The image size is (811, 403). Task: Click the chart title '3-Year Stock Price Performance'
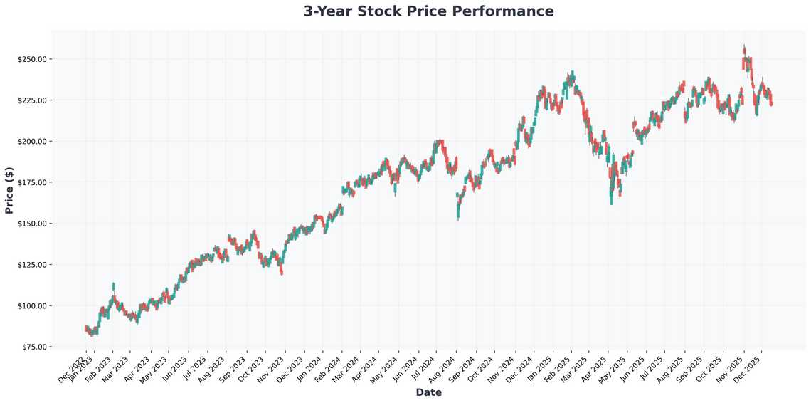tap(428, 11)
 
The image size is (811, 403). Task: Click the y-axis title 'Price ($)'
tap(9, 189)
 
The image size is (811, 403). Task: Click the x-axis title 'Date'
tap(428, 392)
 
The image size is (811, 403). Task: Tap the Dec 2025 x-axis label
tap(748, 365)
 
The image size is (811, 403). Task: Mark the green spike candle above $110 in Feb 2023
tap(113, 286)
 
